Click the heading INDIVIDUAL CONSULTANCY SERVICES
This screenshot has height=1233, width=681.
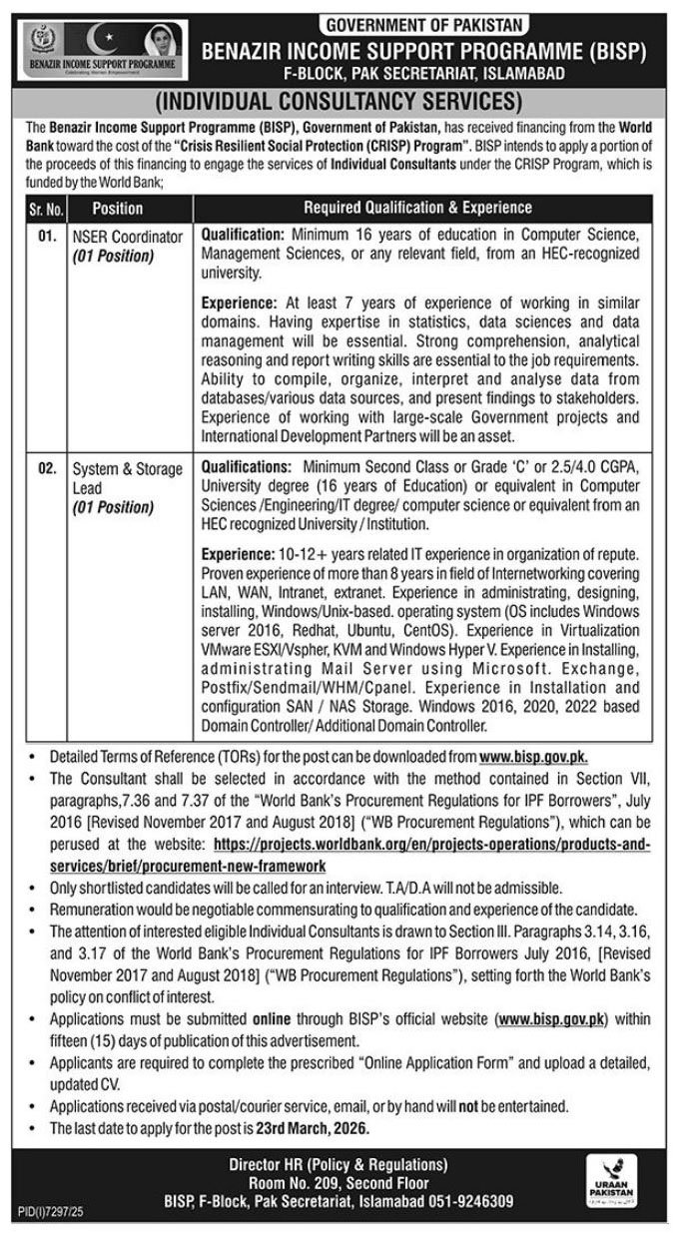tap(340, 101)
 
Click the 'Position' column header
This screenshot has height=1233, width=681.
tap(118, 209)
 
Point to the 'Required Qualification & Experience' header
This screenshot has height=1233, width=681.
tap(416, 209)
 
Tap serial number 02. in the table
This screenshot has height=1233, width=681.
tap(46, 468)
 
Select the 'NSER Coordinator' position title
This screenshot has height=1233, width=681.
tap(126, 237)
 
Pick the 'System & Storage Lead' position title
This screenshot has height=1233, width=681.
tap(126, 477)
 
